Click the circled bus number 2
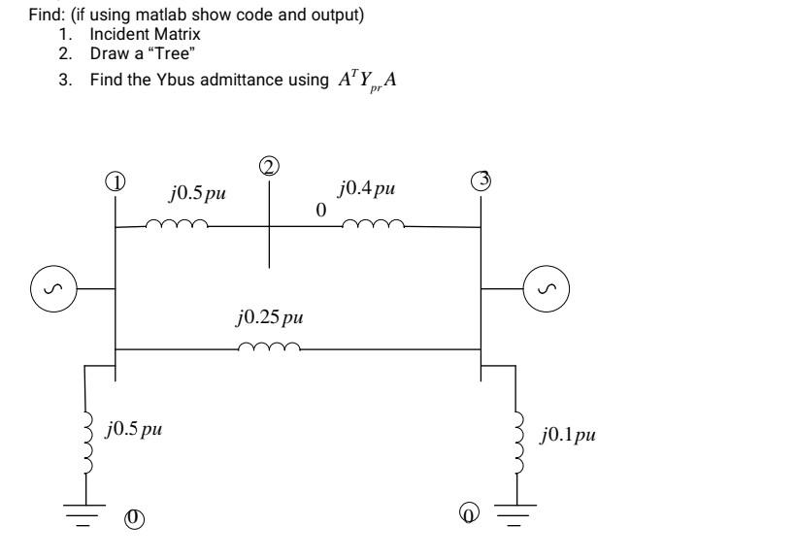pos(269,166)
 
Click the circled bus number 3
pos(481,181)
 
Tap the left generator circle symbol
pos(50,288)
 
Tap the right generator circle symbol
pos(547,288)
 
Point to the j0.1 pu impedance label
pos(568,433)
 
